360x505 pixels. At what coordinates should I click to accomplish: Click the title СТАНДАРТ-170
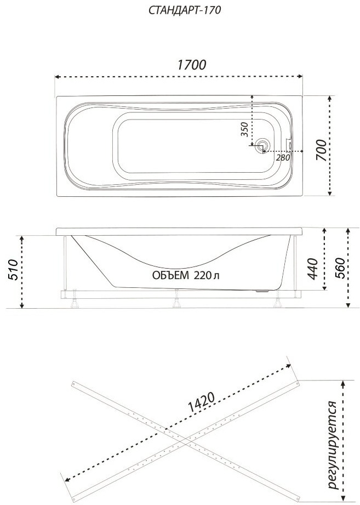coord(185,10)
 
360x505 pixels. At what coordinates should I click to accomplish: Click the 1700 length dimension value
coord(191,65)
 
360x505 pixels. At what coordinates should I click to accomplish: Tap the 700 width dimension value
coord(321,150)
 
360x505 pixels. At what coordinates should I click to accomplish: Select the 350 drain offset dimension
coord(245,129)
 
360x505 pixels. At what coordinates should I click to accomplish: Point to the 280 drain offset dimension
coord(283,157)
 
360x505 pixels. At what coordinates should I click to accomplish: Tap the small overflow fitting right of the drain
coord(289,145)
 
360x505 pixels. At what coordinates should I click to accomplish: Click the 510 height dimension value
coord(12,270)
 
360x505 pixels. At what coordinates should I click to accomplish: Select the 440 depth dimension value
coord(312,269)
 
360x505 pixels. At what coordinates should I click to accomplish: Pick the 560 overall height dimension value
coord(339,269)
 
